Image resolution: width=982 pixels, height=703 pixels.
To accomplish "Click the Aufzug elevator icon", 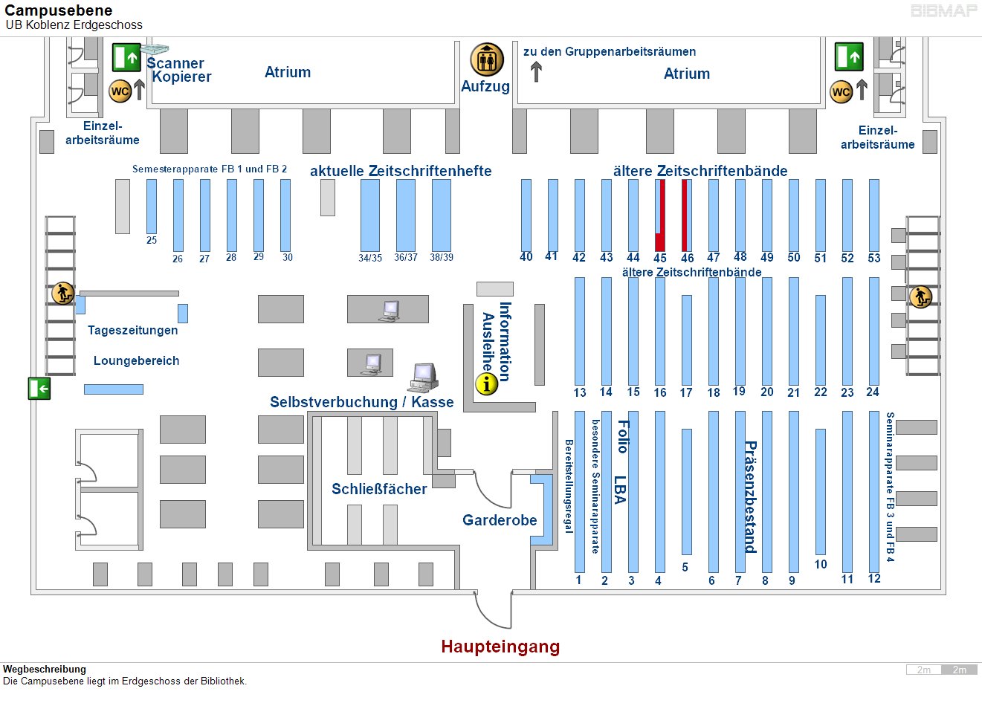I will pyautogui.click(x=487, y=60).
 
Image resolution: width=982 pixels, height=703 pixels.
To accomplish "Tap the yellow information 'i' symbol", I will pyautogui.click(x=486, y=383).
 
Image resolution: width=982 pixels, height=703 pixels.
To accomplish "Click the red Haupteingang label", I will pyautogui.click(x=500, y=647).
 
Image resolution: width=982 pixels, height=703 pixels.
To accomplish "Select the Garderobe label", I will pyautogui.click(x=500, y=520).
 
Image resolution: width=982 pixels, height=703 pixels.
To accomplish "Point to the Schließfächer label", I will pyautogui.click(x=379, y=489).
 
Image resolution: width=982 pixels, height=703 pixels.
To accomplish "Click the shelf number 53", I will pyautogui.click(x=874, y=258).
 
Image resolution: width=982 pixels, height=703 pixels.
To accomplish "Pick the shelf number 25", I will pyautogui.click(x=152, y=240).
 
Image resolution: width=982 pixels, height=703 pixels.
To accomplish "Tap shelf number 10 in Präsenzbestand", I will pyautogui.click(x=821, y=564).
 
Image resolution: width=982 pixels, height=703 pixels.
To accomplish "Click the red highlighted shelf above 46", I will pyautogui.click(x=685, y=215).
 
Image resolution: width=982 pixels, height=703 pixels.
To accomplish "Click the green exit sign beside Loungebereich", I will pyautogui.click(x=39, y=388).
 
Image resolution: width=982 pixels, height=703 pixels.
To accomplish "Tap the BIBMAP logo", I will pyautogui.click(x=943, y=11).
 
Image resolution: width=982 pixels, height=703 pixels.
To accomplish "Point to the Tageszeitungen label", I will pyautogui.click(x=132, y=330).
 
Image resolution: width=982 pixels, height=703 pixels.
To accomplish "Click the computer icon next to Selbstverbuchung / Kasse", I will pyautogui.click(x=423, y=377).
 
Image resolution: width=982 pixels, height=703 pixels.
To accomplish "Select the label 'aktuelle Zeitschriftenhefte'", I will pyautogui.click(x=401, y=171).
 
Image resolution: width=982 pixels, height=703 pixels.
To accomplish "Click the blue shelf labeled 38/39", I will pyautogui.click(x=442, y=215).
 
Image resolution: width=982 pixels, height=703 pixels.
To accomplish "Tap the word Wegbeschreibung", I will pyautogui.click(x=45, y=669).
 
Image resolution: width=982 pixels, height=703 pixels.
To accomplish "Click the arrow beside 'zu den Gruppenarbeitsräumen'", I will pyautogui.click(x=536, y=72).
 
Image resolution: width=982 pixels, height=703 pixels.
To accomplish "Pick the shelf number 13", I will pyautogui.click(x=580, y=392).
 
